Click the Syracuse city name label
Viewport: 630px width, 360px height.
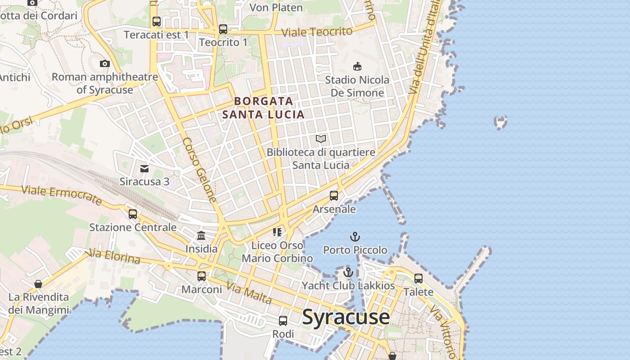(x=346, y=317)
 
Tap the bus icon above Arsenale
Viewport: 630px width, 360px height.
(x=334, y=196)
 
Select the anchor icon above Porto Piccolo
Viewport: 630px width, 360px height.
(x=355, y=236)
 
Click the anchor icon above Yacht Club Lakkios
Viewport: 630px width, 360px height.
(x=348, y=272)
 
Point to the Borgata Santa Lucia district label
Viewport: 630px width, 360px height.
(x=264, y=108)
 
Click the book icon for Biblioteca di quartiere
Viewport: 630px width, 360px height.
(x=321, y=139)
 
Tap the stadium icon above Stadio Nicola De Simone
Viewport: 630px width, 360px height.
(x=357, y=67)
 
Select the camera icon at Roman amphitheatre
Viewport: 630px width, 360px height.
(x=105, y=63)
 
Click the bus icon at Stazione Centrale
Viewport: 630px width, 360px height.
(x=133, y=214)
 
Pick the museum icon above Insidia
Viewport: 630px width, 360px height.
(x=201, y=235)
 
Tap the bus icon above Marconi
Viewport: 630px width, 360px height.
(x=202, y=276)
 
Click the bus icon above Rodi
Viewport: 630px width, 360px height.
(x=283, y=321)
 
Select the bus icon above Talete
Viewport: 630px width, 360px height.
(x=418, y=278)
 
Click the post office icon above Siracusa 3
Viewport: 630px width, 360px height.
(x=144, y=169)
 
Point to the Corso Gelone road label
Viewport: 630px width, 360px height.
(x=199, y=170)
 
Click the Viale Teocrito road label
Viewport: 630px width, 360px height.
(x=317, y=32)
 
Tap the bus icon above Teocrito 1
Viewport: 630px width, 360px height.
(x=223, y=29)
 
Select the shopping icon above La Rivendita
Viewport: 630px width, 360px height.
(x=38, y=284)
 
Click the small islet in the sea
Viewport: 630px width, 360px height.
(x=500, y=122)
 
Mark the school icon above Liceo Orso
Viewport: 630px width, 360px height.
(x=277, y=232)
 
